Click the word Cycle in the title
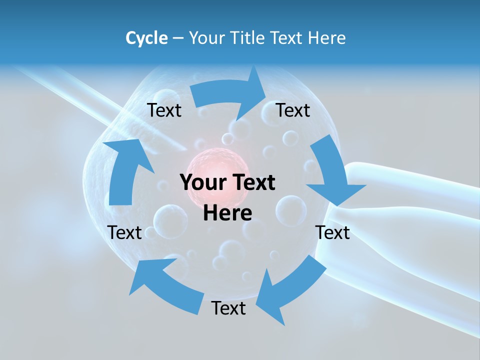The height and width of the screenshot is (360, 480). coord(146,38)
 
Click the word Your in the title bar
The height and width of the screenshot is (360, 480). coord(207,38)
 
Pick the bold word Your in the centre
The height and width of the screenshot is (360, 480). coord(199,183)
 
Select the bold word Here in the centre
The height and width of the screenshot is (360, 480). coord(227,213)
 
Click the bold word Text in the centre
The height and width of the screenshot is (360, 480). coord(253,183)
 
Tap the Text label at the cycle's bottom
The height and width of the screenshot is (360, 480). coord(228,308)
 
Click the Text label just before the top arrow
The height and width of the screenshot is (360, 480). coord(164,110)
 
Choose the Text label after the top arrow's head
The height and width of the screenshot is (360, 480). coord(293,110)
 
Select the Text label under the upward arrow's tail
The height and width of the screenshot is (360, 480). coord(125,232)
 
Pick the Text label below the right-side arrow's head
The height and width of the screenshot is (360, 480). coord(333,232)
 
